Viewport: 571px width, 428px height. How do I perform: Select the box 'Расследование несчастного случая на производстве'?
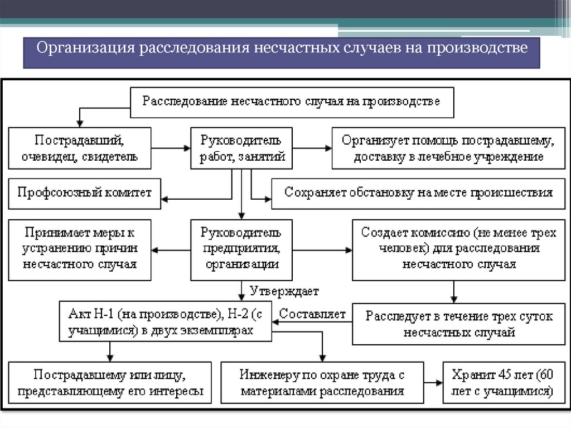(x=292, y=102)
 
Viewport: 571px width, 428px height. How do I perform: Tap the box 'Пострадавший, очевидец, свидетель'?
(x=79, y=148)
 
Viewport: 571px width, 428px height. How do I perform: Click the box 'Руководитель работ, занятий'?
(x=241, y=148)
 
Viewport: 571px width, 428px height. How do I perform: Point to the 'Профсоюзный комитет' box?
(x=84, y=193)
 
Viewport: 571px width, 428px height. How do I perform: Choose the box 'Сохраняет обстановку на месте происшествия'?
(x=418, y=193)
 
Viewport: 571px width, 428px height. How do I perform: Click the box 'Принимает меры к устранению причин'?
(x=80, y=249)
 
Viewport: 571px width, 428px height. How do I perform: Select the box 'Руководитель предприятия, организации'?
(x=241, y=249)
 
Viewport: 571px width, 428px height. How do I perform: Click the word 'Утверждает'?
(x=284, y=291)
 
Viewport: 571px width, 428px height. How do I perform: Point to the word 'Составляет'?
(x=312, y=314)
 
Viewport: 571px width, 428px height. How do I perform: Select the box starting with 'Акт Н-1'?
(x=165, y=321)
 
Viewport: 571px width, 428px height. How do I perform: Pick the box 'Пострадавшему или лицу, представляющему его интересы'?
(x=110, y=382)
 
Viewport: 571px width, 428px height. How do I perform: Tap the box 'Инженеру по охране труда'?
(x=322, y=382)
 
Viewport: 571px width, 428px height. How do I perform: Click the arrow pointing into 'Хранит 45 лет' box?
(x=432, y=382)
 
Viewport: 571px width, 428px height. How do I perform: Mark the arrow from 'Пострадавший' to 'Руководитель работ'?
(x=171, y=148)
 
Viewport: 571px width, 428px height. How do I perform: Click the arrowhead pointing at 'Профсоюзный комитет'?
(x=165, y=199)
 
